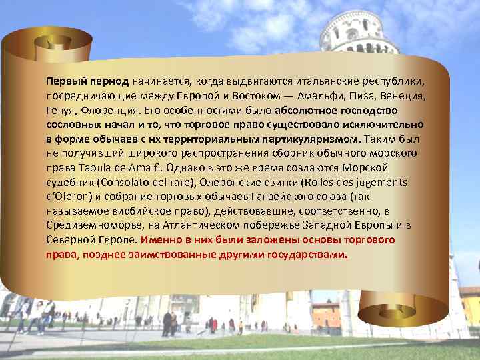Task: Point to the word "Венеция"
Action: [403, 96]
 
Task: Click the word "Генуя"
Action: [63, 111]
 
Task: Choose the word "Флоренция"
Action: [114, 111]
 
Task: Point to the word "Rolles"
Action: [323, 183]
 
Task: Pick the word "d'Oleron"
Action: [69, 197]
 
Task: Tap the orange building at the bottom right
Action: [327, 314]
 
